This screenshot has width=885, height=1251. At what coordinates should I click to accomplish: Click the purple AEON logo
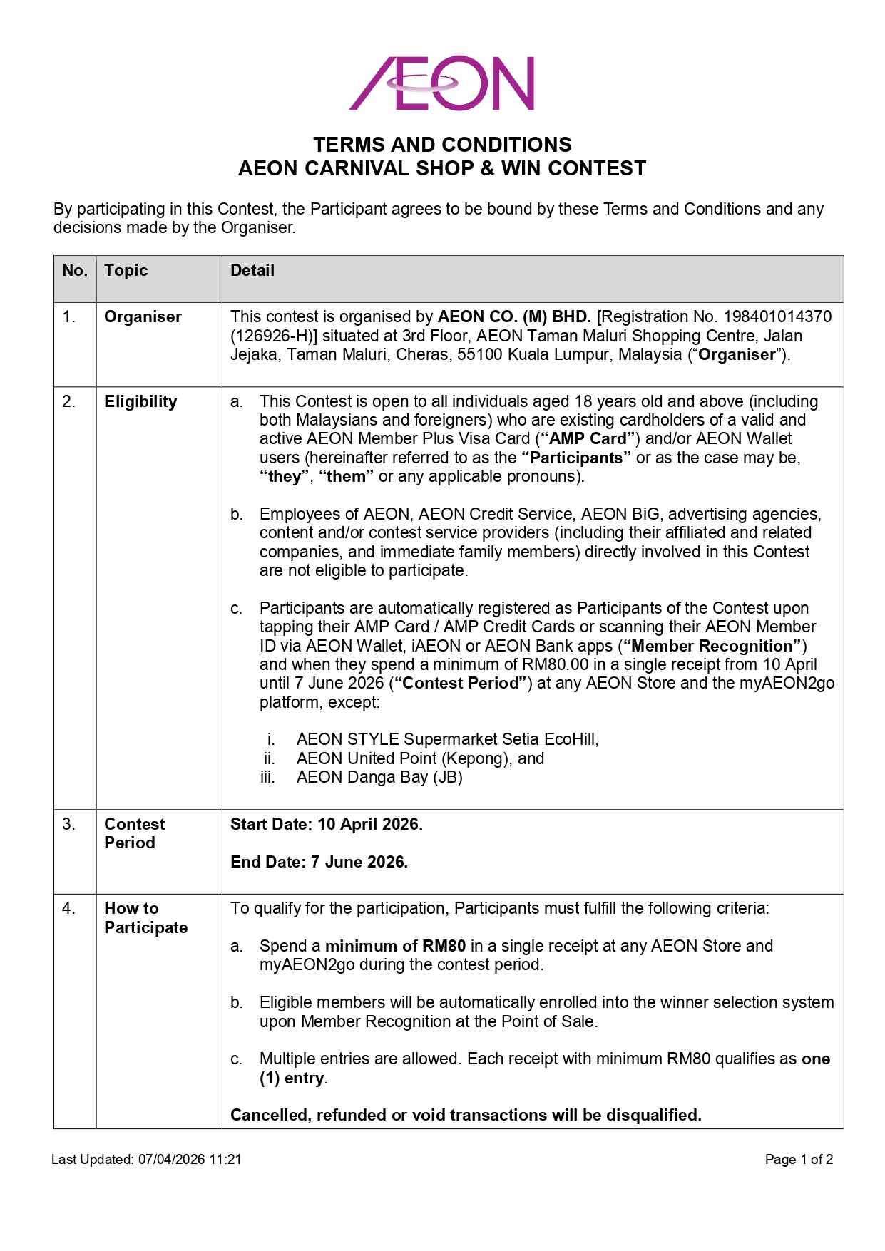tap(441, 83)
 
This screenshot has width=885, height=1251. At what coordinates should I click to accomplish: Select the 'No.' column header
tap(74, 271)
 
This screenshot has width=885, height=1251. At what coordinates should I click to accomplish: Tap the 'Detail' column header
tap(252, 271)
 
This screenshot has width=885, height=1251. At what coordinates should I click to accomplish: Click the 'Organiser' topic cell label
tap(143, 317)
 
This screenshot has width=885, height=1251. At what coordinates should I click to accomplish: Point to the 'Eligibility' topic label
tap(140, 402)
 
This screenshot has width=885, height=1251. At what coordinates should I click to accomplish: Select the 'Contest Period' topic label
tap(134, 833)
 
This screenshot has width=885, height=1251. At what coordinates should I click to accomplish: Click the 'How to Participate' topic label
tap(145, 918)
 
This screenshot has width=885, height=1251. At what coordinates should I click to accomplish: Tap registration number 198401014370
tap(777, 317)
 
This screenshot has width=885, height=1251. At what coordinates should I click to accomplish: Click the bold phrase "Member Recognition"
tap(712, 647)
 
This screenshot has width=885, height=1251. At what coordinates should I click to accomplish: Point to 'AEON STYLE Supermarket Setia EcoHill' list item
tap(447, 740)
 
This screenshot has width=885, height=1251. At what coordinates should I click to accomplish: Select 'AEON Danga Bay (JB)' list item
tap(379, 778)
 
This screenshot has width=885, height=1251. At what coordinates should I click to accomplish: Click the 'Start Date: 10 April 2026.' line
tap(326, 825)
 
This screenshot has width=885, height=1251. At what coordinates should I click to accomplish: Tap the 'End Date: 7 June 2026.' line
tap(319, 863)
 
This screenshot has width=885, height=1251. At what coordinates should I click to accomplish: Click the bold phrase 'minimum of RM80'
tap(395, 947)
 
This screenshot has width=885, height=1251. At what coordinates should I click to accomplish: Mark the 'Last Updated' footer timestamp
tap(146, 1160)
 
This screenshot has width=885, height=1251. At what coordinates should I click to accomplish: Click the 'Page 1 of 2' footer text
tap(799, 1160)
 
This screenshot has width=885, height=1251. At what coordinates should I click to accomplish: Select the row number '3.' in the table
tap(68, 825)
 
